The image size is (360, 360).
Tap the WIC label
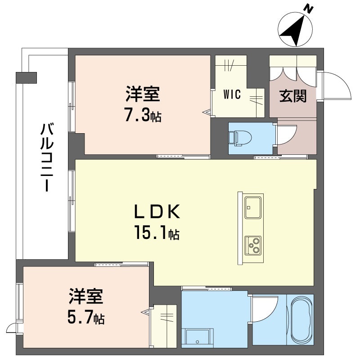tap(232, 95)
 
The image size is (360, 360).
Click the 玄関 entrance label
tap(292, 96)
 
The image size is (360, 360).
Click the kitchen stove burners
tap(254, 245)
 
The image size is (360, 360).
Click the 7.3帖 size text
tap(143, 116)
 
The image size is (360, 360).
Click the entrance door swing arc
tap(335, 84)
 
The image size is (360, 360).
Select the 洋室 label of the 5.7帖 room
tap(86, 297)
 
